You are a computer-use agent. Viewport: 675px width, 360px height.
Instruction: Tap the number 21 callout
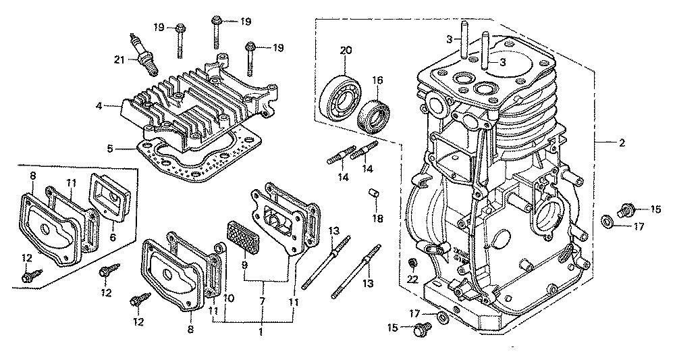(x=119, y=59)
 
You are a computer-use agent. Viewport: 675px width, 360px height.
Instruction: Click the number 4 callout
(x=99, y=106)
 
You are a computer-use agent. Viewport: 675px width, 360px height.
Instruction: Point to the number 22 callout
(x=412, y=280)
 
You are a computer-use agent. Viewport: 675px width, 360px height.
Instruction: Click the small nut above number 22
(x=412, y=262)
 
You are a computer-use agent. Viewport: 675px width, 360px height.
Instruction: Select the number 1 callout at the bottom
(x=260, y=332)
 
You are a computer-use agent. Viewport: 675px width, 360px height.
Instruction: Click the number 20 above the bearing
(x=346, y=51)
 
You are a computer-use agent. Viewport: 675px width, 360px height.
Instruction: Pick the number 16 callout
(x=377, y=80)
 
